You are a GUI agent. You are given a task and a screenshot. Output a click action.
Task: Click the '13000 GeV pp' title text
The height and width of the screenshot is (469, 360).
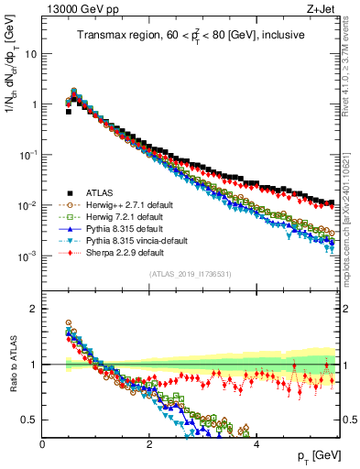coord(77,10)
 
